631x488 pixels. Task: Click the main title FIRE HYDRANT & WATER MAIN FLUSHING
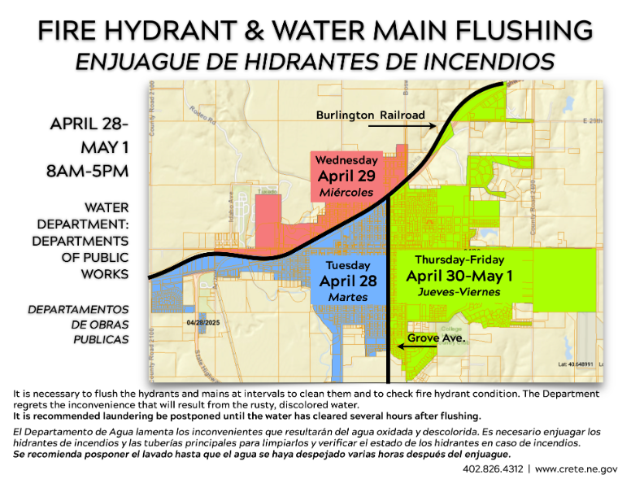coord(315,31)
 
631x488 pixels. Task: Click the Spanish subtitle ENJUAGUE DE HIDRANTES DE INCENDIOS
coord(315,60)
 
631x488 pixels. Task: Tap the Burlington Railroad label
coord(370,115)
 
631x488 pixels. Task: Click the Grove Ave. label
coord(436,337)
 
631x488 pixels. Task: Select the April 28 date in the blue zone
coord(347,281)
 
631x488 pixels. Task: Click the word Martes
coord(347,298)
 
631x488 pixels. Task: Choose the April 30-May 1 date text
coord(459,275)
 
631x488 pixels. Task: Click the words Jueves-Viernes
coord(459,292)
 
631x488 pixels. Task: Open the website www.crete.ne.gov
coord(576,469)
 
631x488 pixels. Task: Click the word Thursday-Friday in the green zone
coord(459,259)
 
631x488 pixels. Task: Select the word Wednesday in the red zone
coord(346,159)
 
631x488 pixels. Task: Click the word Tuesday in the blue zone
coord(347,265)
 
